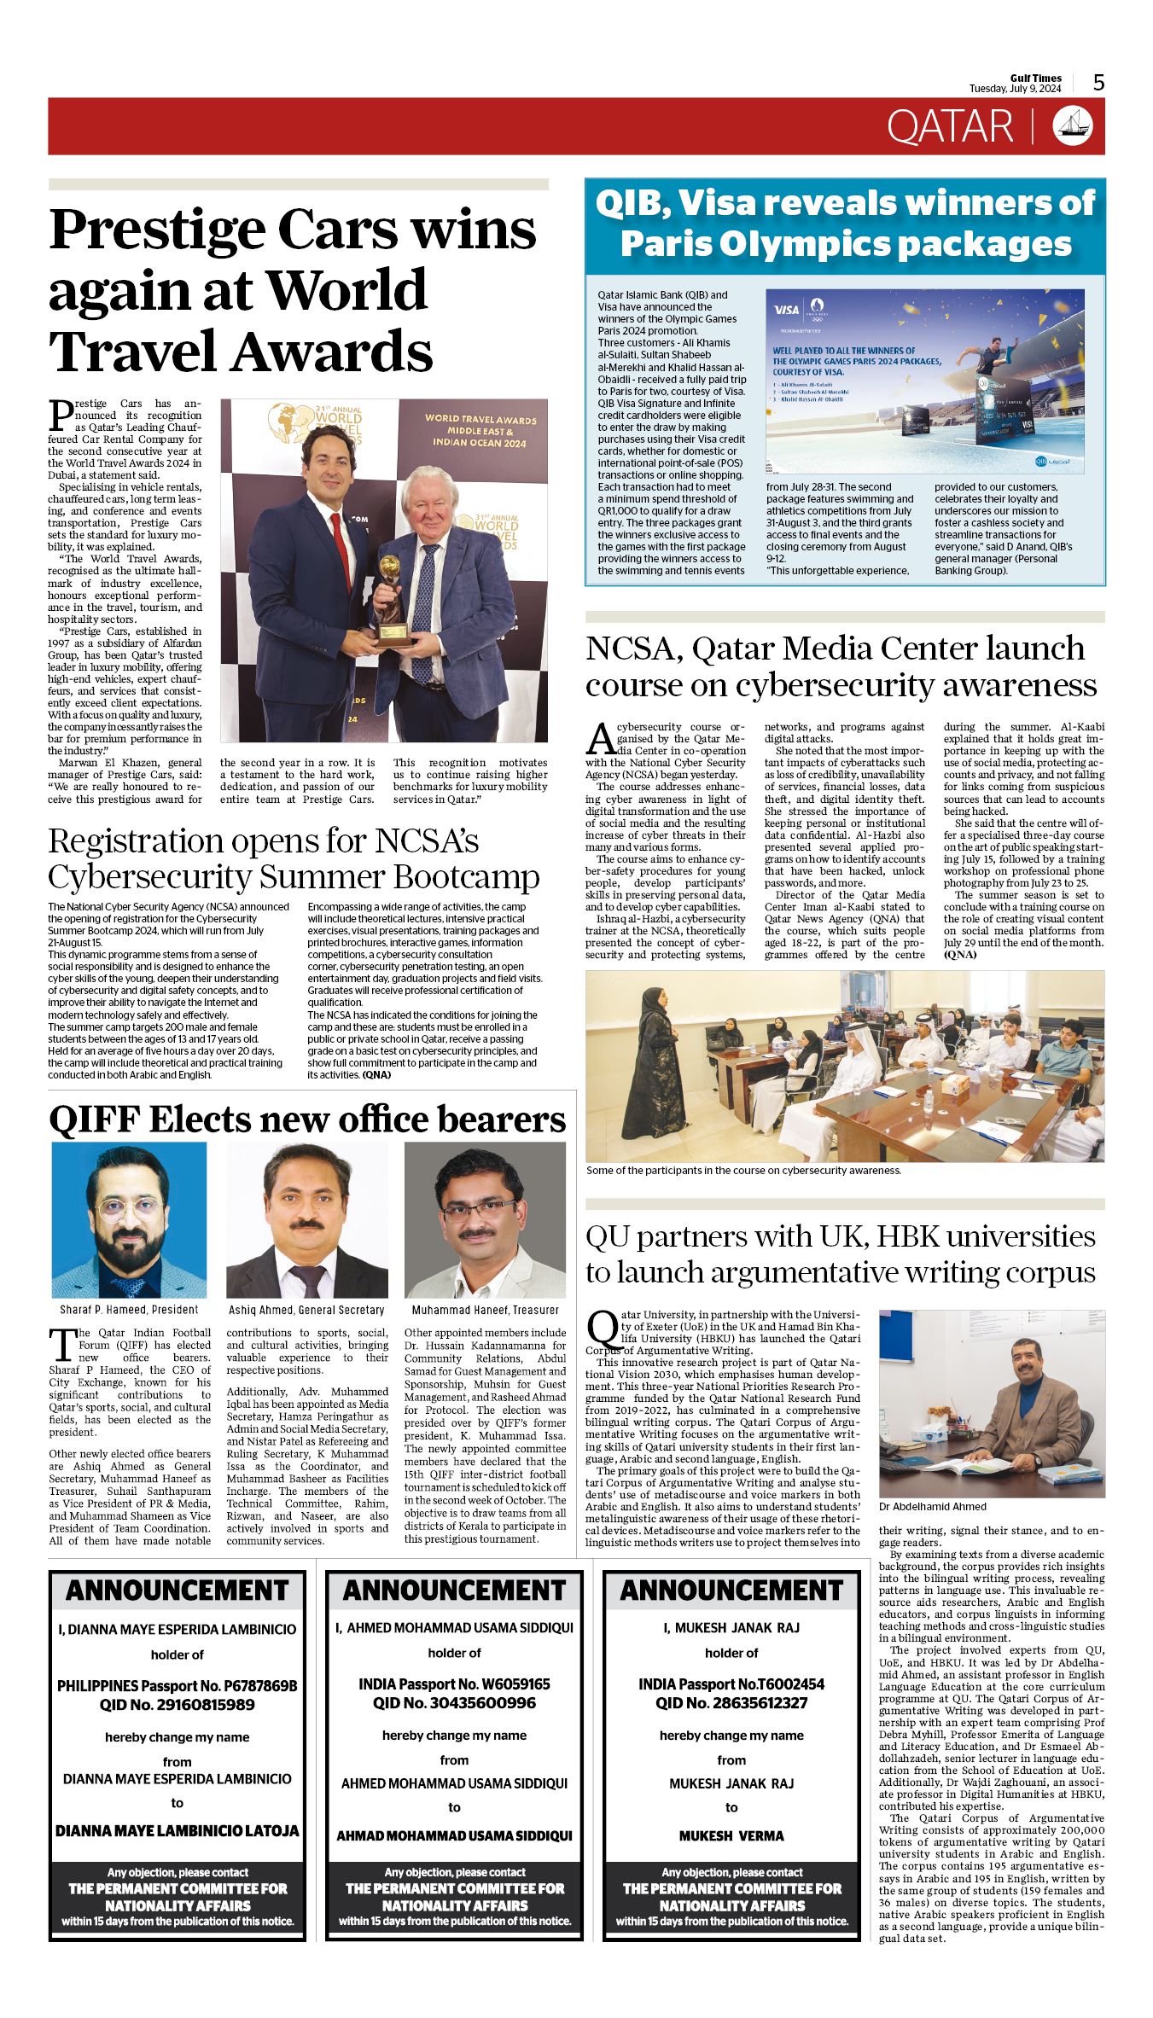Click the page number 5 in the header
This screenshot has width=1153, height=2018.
(x=1098, y=83)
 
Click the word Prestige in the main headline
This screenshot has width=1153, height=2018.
(x=156, y=230)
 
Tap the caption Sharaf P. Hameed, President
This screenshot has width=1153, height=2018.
(x=129, y=1310)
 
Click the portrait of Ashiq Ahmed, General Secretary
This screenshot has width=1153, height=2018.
(x=306, y=1220)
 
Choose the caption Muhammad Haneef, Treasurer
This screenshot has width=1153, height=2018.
(x=485, y=1310)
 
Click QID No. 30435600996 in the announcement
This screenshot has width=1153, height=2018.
(x=454, y=1703)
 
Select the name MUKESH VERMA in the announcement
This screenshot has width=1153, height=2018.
(x=731, y=1835)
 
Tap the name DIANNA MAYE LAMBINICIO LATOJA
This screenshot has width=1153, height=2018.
(x=178, y=1830)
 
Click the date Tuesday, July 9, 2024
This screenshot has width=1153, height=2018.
(x=1015, y=89)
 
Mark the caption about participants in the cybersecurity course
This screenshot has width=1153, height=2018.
(x=743, y=1171)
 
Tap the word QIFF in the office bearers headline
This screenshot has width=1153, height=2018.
(x=91, y=1119)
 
